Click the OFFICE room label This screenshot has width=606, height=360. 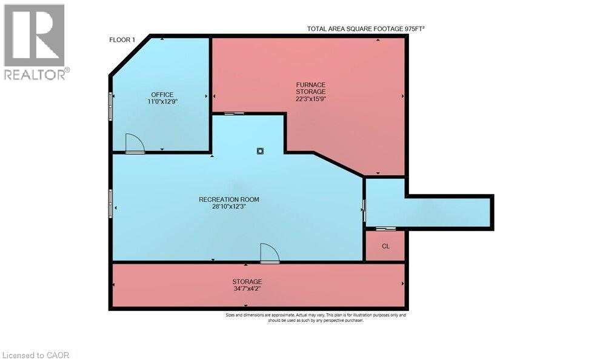coord(162,95)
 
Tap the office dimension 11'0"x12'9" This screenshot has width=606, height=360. coord(162,102)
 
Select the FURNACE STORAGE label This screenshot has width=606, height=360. coord(311,88)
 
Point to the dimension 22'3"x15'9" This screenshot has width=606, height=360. coord(311,99)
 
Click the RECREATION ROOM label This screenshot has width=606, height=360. coord(229,199)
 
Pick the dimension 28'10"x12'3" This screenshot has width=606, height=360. coord(229,207)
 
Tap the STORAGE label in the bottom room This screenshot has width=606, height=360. coord(247,281)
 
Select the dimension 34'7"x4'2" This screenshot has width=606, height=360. coord(247,288)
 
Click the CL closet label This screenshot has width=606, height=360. coord(385,246)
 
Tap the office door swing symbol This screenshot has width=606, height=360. coord(135,144)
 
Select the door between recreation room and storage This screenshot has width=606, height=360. coord(270,253)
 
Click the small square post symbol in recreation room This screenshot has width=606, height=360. coord(260,151)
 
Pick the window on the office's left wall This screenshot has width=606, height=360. coord(111,106)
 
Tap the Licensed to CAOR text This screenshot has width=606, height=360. coord(36,355)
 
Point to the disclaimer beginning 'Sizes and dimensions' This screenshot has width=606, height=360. coord(316,318)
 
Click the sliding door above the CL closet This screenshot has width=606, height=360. coord(386,229)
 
